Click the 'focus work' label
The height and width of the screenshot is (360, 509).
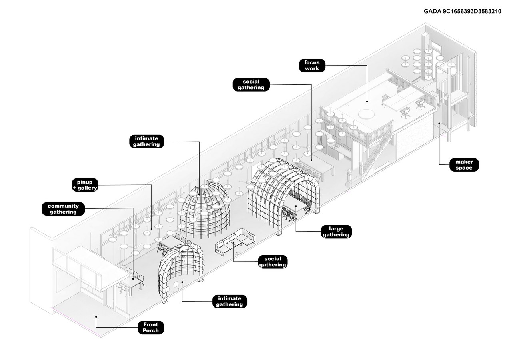312,66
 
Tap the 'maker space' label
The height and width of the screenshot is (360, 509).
464,165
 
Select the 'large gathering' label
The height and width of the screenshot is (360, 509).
336,232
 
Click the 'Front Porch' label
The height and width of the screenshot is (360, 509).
150,328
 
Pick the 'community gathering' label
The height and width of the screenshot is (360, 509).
63,209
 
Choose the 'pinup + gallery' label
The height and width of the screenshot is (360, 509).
85,185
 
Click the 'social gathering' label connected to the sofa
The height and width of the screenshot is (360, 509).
273,262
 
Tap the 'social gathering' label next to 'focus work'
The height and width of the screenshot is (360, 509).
251,85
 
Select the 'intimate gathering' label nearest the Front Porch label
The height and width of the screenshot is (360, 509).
230,301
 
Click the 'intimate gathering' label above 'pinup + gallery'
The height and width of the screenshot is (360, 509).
146,141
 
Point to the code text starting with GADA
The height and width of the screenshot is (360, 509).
462,11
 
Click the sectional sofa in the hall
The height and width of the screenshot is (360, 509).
235,242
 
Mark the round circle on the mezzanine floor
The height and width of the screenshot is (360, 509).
367,114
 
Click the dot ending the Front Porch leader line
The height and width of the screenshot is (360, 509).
96,317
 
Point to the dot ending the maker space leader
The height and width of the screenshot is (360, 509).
439,124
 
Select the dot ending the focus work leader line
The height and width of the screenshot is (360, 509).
367,102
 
